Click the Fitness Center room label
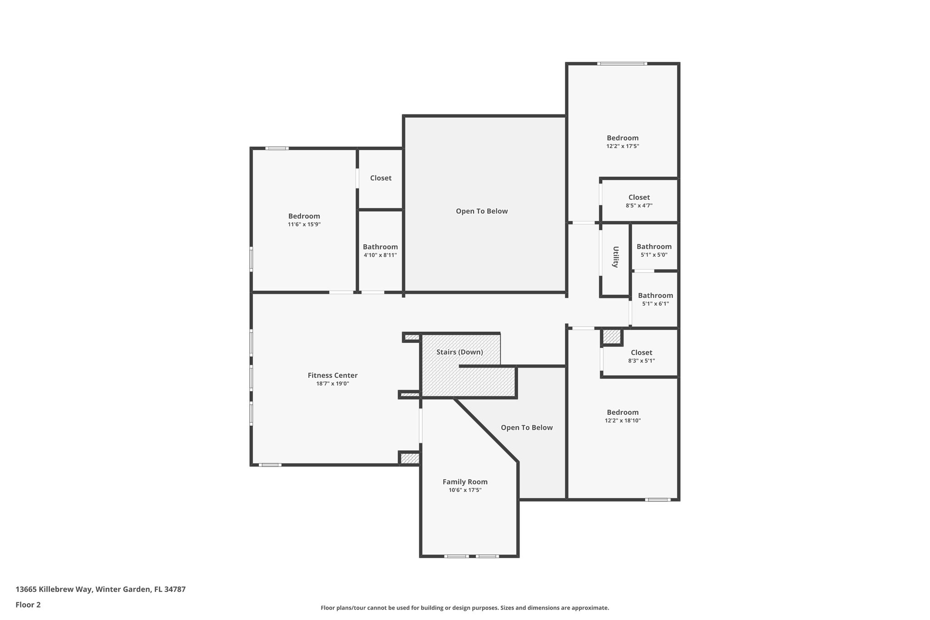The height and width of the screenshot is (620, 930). click(332, 375)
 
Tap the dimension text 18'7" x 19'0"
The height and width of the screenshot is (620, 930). click(332, 384)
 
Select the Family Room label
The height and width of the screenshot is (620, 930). click(465, 482)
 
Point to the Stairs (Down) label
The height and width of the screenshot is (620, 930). click(460, 352)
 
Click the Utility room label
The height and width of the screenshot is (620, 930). click(616, 257)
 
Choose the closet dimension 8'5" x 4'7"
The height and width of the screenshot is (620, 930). click(639, 206)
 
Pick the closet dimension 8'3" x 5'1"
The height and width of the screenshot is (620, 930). click(641, 361)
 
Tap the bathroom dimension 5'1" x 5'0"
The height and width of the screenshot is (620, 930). click(654, 255)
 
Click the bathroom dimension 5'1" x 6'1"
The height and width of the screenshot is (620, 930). click(655, 304)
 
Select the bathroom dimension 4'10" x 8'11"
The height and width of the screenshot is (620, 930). click(380, 255)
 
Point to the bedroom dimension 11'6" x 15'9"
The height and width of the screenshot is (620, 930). click(304, 224)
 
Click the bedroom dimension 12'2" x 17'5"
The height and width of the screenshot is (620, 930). click(623, 146)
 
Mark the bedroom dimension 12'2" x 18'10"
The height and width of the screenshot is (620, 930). click(623, 421)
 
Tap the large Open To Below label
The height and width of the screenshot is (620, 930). click(482, 211)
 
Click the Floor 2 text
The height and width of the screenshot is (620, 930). click(28, 605)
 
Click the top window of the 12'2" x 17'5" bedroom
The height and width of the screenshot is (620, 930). click(622, 64)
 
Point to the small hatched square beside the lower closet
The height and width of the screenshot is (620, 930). click(612, 337)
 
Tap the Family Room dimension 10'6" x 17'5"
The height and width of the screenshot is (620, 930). click(465, 490)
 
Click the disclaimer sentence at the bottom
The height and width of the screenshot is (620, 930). click(465, 608)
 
